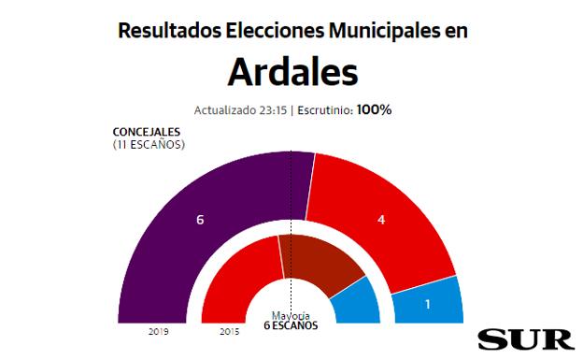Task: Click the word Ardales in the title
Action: (291, 71)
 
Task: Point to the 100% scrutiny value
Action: (375, 109)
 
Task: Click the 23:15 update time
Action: (271, 109)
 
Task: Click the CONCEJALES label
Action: (148, 133)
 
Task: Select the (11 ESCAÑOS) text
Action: (149, 145)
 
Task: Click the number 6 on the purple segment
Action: (200, 220)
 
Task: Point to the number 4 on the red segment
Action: (380, 221)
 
